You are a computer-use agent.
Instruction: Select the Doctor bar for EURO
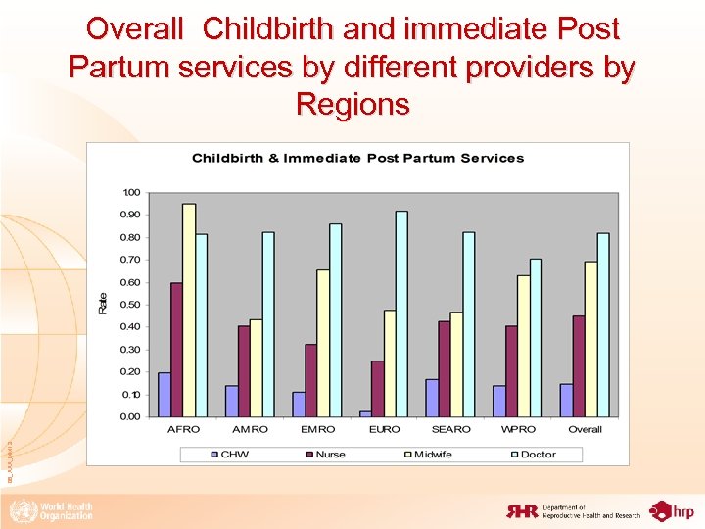tap(401, 313)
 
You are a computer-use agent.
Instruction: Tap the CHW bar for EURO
tap(365, 413)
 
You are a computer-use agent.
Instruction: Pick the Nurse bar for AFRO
tap(176, 350)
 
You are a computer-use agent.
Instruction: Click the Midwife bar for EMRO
tap(323, 343)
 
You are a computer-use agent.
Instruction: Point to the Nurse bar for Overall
tap(579, 366)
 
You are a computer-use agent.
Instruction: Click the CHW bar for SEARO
tap(432, 398)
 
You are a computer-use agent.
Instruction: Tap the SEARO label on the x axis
tap(450, 430)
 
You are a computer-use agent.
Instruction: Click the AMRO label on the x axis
tap(250, 430)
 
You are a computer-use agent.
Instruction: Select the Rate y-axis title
tap(103, 304)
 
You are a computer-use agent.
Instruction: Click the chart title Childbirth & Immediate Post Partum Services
tap(357, 158)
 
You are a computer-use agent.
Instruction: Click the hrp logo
tap(673, 510)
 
